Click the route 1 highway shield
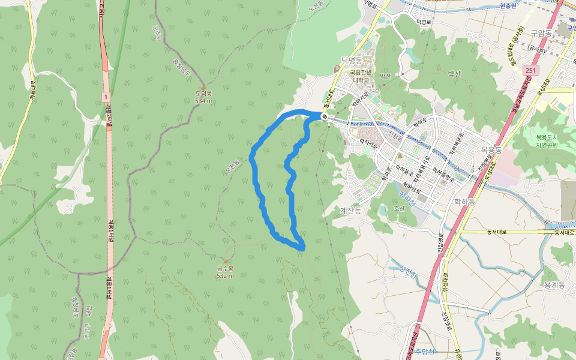point(106,96)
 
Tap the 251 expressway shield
point(529,70)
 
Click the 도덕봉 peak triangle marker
point(204,87)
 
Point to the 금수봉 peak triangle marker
point(226,261)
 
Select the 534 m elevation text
point(204,101)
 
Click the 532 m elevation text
point(225,275)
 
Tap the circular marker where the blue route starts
point(324,116)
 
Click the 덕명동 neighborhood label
point(352,60)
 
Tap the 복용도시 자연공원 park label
point(547,140)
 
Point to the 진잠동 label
point(395,137)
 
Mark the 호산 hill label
point(399,209)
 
